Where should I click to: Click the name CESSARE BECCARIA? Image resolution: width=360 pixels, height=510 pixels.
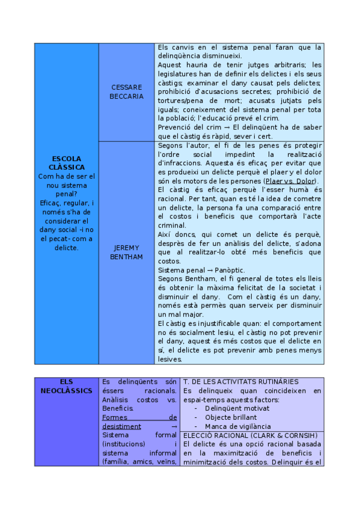[126, 91]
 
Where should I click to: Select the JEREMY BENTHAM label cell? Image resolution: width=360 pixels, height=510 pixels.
[126, 252]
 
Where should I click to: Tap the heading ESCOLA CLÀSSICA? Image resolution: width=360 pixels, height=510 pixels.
[66, 162]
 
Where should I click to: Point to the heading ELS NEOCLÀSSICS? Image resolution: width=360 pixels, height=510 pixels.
[66, 386]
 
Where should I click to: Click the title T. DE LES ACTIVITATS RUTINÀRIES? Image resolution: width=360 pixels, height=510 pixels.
[240, 382]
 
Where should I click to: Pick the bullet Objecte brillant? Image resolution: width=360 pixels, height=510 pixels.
[230, 417]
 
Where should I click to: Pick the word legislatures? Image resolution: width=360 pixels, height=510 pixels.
[178, 74]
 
